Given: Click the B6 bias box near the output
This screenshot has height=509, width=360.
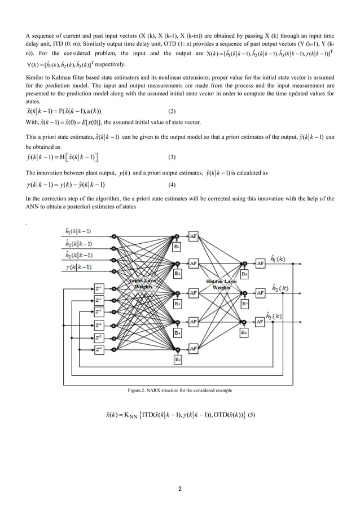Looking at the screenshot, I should (244, 274).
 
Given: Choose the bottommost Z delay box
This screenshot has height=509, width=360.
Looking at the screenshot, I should (99, 350).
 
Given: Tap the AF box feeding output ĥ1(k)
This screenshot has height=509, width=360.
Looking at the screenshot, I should (260, 264).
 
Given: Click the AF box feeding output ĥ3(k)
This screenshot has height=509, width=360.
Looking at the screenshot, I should (260, 322).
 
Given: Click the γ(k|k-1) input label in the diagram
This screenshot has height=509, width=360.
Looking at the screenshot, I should (79, 266).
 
